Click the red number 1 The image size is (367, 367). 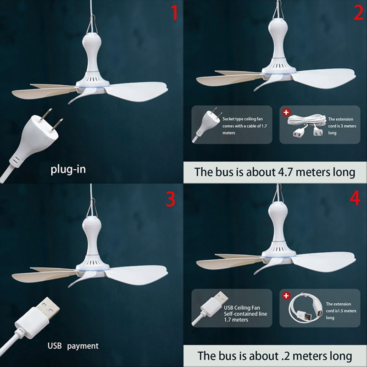[174, 13]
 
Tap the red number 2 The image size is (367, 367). [359, 13]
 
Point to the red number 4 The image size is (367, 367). [355, 198]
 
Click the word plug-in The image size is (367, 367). [68, 169]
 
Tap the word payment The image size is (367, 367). [83, 346]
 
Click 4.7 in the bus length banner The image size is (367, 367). [285, 172]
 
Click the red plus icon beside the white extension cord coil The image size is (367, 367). [286, 112]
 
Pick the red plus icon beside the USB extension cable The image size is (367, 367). [286, 295]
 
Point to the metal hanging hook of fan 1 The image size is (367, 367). [92, 24]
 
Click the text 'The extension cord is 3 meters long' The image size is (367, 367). [342, 126]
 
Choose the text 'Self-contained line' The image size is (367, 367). [245, 314]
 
